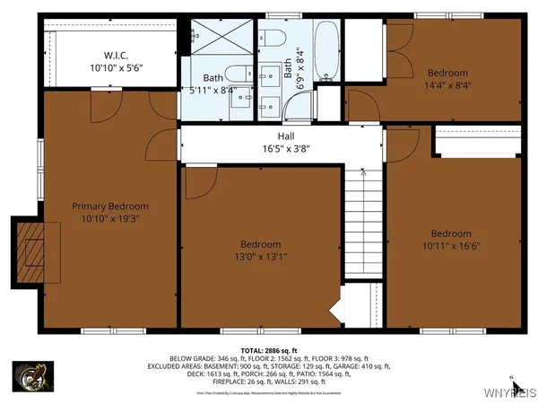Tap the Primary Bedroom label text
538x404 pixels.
(109, 212)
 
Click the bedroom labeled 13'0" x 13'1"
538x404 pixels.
(260, 250)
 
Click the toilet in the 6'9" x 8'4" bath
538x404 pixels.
(275, 40)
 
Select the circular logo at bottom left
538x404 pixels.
(30, 377)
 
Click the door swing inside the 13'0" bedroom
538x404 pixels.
(198, 182)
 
